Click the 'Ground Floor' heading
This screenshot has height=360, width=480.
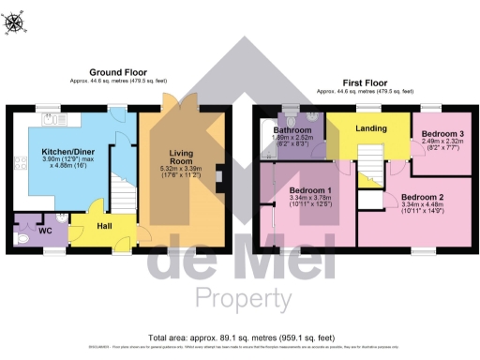tap(117, 72)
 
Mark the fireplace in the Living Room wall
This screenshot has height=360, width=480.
tap(217, 176)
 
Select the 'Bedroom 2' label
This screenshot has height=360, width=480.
tap(421, 198)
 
